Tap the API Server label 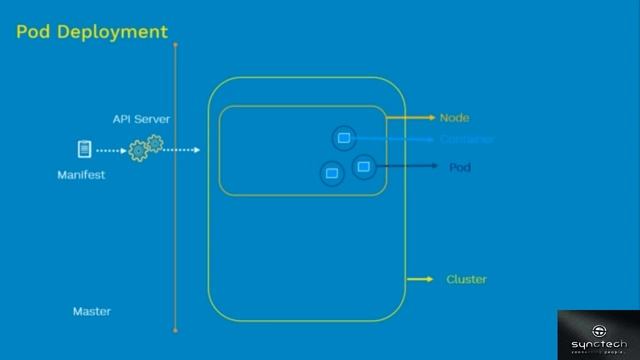coord(141,119)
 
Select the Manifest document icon coord(85,149)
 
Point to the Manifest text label coord(81,175)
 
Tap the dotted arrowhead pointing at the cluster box coord(196,150)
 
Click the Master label coord(92,311)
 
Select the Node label coord(454,118)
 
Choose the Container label coord(467,140)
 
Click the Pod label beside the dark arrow coord(460,167)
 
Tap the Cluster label coord(466,279)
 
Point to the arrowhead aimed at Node coord(431,118)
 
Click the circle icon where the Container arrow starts coord(343,137)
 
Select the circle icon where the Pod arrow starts coord(362,165)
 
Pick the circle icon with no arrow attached coord(332,173)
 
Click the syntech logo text coord(599,344)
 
